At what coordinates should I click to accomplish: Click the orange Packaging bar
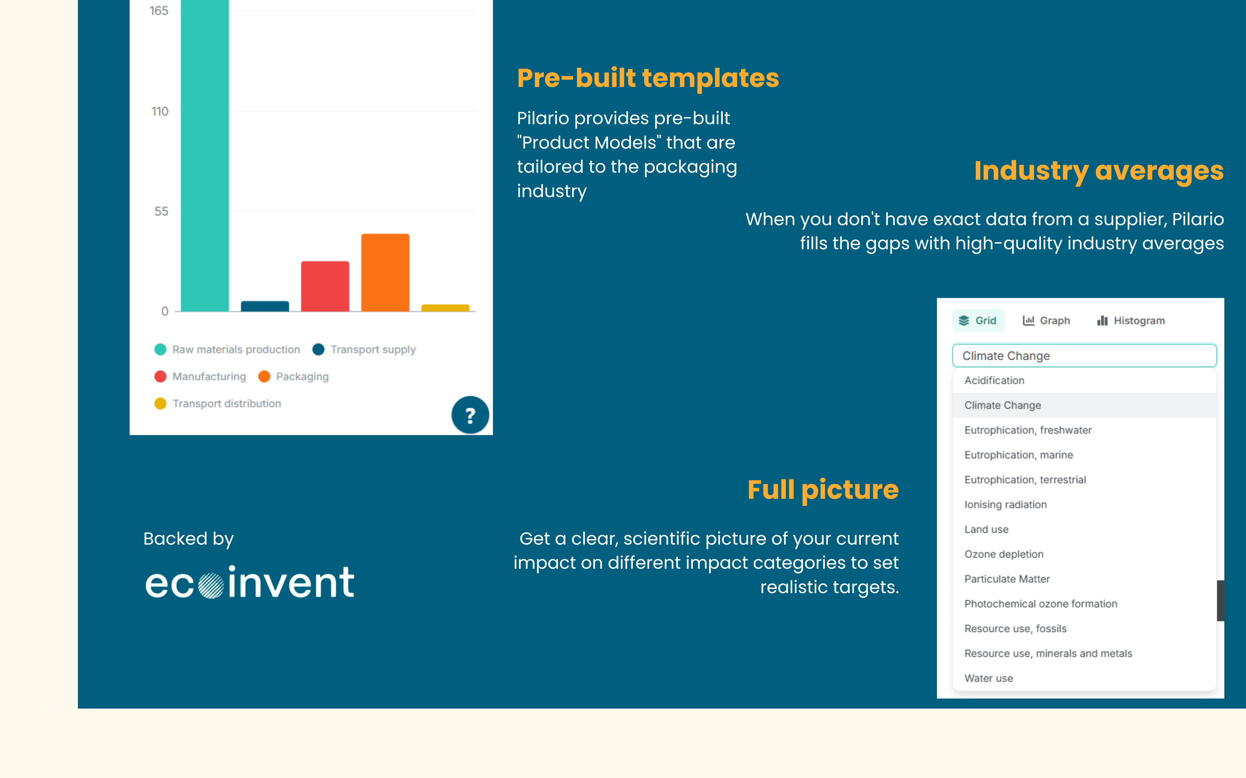coord(385,273)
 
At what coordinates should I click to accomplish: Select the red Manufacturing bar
coord(325,286)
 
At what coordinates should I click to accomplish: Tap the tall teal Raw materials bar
coord(204,154)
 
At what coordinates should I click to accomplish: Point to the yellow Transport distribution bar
coord(445,308)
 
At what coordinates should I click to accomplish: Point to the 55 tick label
coord(161,211)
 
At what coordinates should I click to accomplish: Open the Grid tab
coord(978,321)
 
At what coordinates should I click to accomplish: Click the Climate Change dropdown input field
coord(1084,355)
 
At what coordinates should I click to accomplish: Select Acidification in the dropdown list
coord(994,380)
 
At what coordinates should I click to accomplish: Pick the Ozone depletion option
coord(1004,554)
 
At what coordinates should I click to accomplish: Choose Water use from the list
coord(988,678)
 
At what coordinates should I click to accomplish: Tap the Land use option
coord(986,529)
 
